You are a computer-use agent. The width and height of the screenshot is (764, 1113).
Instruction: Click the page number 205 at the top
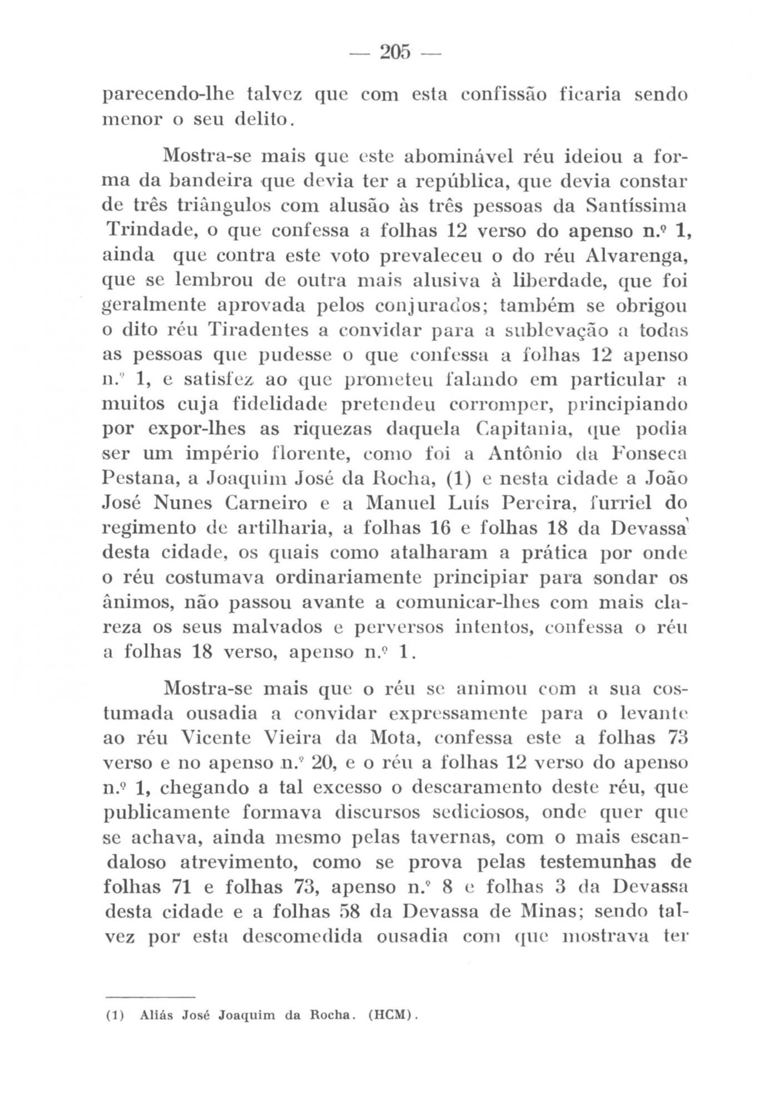pos(394,51)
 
